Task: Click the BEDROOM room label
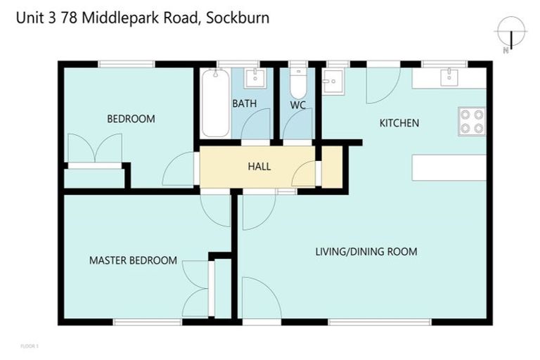(131, 119)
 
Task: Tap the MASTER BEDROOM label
(133, 260)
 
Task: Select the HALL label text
(259, 167)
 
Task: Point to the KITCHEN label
(399, 123)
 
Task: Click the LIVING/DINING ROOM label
(366, 251)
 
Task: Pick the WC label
(298, 104)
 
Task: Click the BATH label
(244, 104)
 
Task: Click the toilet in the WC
(298, 84)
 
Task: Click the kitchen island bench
(449, 167)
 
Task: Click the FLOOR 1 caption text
(30, 346)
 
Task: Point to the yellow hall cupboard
(331, 167)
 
